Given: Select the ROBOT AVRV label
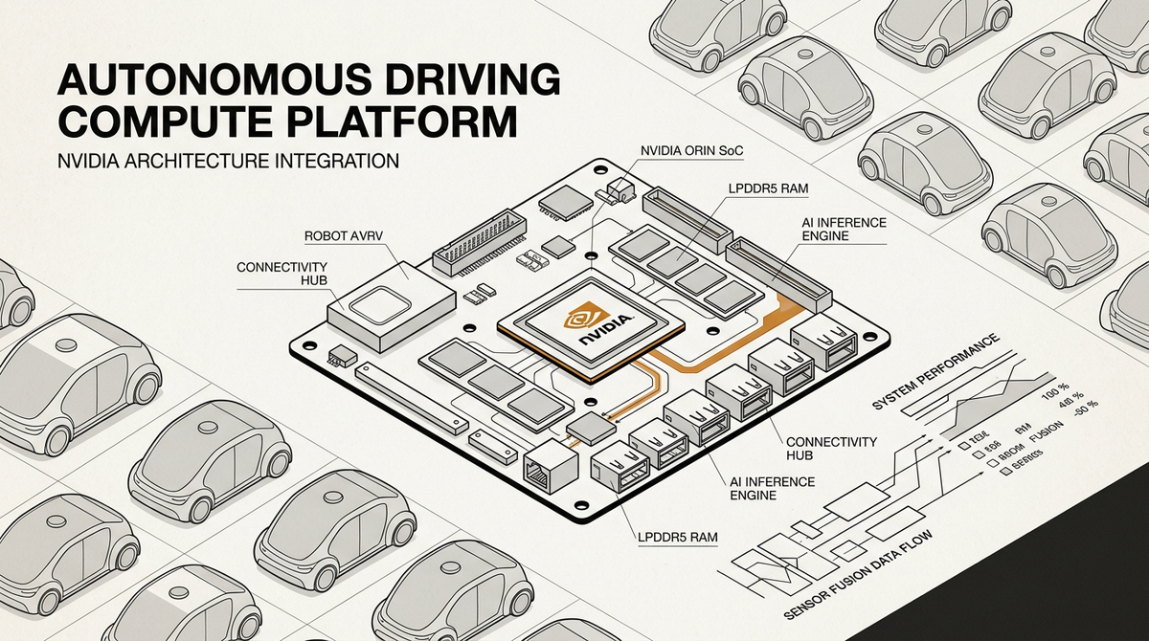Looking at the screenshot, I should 346,233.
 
